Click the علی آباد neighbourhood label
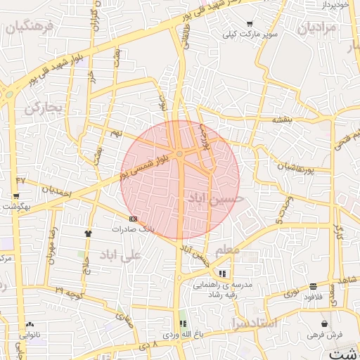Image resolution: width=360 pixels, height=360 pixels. click(121, 255)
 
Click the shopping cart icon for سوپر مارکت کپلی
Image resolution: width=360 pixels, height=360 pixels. click(249, 24)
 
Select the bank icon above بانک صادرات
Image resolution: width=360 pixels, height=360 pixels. click(133, 219)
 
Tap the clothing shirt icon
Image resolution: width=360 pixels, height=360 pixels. click(88, 233)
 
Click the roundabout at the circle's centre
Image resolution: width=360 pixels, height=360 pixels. click(181, 154)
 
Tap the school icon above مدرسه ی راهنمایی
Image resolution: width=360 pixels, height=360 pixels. click(222, 274)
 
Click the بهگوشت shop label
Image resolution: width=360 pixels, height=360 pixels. click(15, 206)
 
